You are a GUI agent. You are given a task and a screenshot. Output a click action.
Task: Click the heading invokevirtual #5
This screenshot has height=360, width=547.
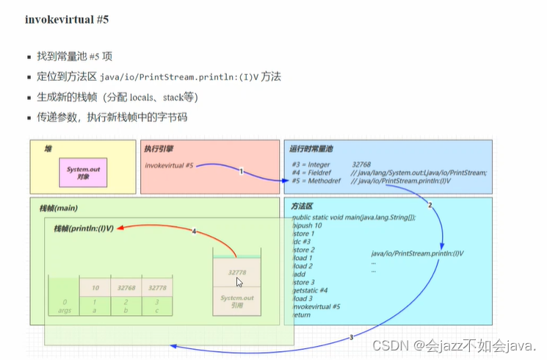click(66, 20)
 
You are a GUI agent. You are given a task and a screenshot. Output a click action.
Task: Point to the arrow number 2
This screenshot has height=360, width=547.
click(430, 205)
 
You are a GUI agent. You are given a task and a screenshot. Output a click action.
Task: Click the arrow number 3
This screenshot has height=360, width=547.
click(351, 337)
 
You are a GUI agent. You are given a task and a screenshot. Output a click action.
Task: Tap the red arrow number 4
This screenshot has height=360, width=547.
click(194, 232)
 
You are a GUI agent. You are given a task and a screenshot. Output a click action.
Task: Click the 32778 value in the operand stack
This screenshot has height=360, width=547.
click(236, 271)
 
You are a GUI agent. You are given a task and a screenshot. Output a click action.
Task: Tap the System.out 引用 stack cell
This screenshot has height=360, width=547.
click(236, 302)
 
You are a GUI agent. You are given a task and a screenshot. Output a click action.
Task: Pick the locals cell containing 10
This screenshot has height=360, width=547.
click(94, 288)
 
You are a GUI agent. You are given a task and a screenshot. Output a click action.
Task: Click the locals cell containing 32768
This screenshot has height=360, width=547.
click(125, 288)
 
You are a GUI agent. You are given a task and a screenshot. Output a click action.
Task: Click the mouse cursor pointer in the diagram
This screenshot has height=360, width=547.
click(239, 283)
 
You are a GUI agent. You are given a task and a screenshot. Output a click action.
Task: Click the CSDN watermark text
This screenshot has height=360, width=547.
click(455, 345)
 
